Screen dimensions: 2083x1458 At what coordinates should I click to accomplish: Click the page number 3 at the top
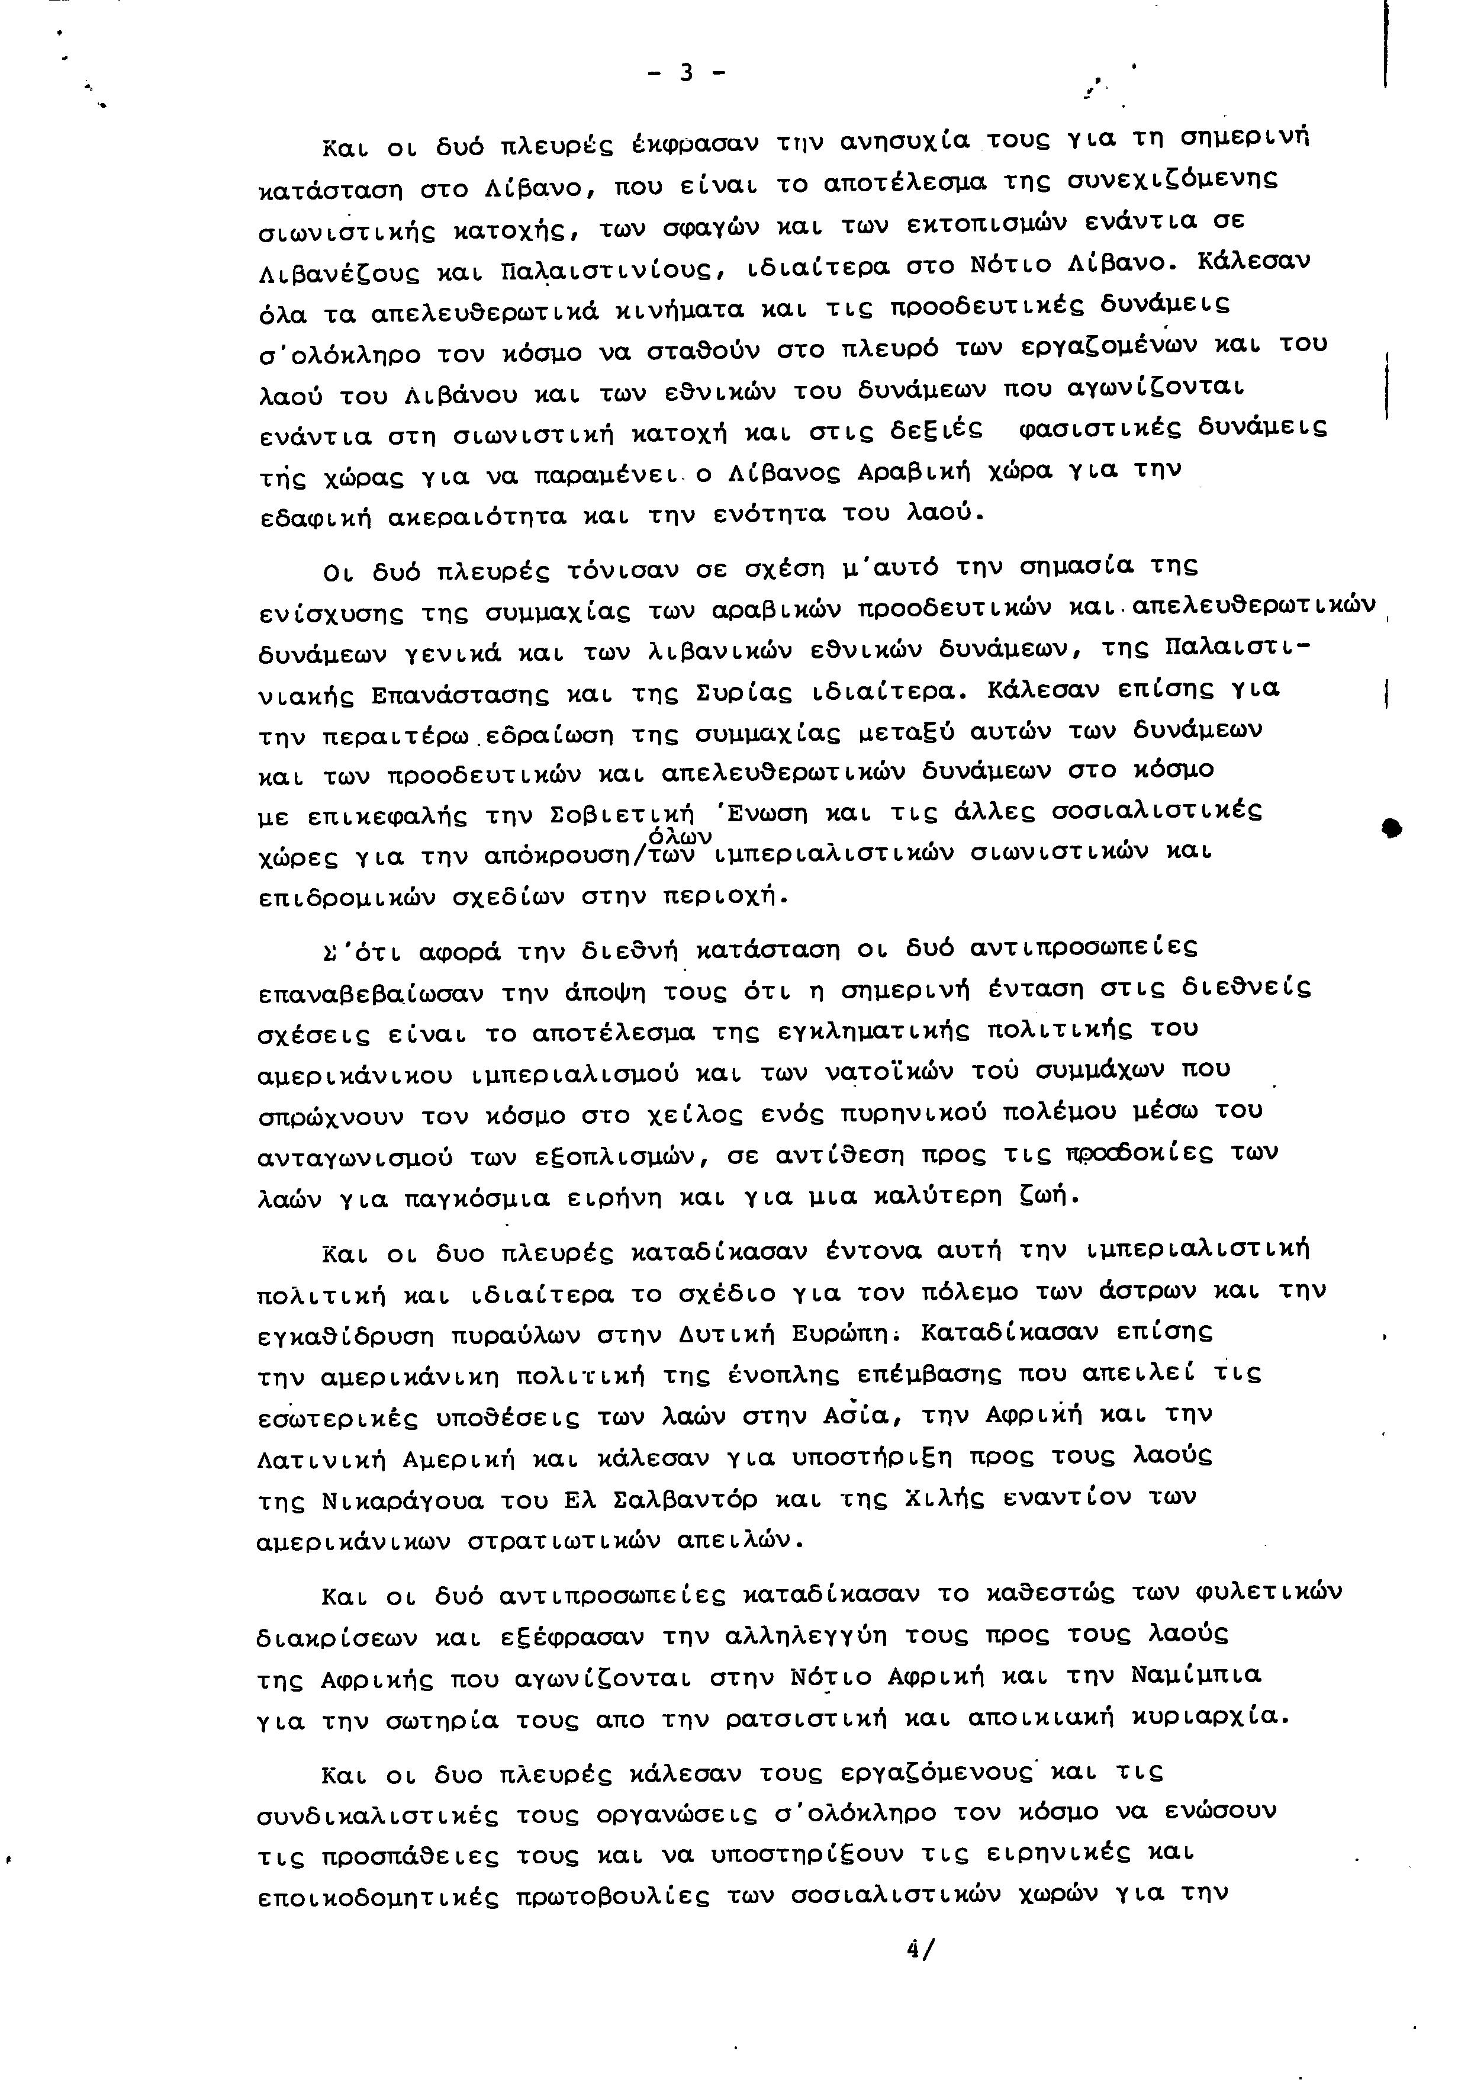point(686,73)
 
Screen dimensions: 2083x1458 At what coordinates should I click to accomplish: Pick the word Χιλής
point(945,1498)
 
